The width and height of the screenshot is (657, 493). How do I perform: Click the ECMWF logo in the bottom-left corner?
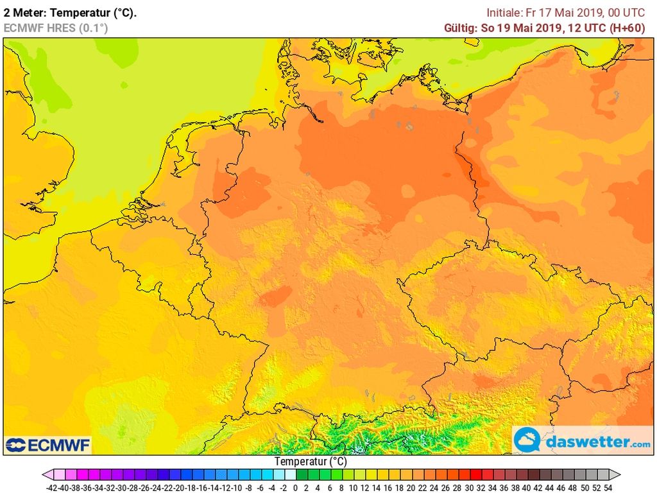(x=48, y=445)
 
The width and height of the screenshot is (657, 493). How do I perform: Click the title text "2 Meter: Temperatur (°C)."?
(x=70, y=12)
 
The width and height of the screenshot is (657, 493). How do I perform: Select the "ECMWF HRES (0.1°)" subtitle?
(x=56, y=28)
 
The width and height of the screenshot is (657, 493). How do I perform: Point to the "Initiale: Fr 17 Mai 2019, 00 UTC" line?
(x=569, y=12)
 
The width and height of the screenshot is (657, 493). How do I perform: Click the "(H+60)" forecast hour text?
(x=631, y=28)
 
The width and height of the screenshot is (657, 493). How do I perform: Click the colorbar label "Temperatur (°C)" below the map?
(x=311, y=461)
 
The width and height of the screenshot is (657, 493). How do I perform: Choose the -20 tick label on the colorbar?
(x=178, y=487)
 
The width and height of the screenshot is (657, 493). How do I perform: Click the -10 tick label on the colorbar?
(x=236, y=487)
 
